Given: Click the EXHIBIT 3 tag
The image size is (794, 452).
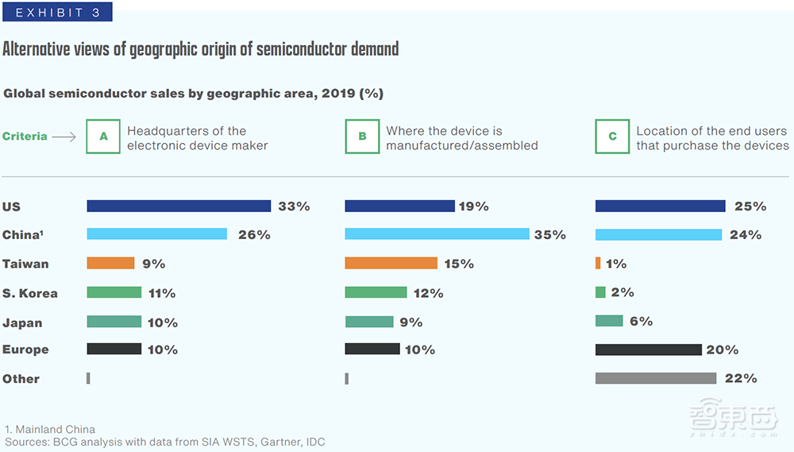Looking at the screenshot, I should [x=58, y=12].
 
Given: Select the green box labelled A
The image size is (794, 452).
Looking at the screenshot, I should [x=103, y=137].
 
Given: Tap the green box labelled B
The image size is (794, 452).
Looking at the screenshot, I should [x=362, y=137].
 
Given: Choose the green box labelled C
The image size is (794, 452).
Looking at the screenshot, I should [x=612, y=137].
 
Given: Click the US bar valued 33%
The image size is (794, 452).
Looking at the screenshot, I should [x=179, y=206].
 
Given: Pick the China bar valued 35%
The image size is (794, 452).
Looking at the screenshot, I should [x=437, y=234].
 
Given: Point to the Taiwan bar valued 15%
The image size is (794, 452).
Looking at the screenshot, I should [x=391, y=263].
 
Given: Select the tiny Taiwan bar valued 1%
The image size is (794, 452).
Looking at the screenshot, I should [x=598, y=263].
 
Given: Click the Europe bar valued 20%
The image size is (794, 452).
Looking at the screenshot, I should [x=649, y=350].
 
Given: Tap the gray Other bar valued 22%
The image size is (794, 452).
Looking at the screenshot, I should [x=656, y=379].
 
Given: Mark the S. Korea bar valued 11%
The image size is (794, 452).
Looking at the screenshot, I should [x=114, y=292].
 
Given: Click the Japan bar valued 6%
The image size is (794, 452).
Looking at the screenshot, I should [x=609, y=321].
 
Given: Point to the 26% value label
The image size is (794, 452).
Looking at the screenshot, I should [x=254, y=235].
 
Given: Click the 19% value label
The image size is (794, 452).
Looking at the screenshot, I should [x=473, y=207].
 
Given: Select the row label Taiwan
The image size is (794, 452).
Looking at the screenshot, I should [x=25, y=264].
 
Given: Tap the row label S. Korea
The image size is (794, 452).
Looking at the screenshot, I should [x=30, y=293].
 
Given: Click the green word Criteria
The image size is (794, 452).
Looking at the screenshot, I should [x=25, y=137].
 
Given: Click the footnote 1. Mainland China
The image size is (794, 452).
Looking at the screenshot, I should [x=50, y=430].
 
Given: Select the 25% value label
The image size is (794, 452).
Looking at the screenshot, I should [x=750, y=207].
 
